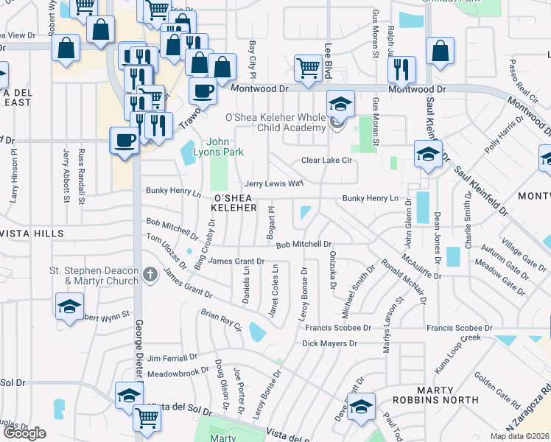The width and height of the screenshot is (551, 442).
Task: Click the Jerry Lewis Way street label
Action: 274,183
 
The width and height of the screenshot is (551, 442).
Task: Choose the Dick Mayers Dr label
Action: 329,343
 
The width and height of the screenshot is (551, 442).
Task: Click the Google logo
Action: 24,432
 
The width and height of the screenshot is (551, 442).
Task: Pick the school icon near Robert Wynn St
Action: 69,306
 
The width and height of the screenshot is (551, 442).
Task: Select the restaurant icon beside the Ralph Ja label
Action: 401,69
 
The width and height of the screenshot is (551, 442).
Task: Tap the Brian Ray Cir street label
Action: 221,321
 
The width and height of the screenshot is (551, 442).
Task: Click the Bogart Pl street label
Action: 271,222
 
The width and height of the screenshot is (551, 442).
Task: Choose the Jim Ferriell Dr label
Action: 173,358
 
